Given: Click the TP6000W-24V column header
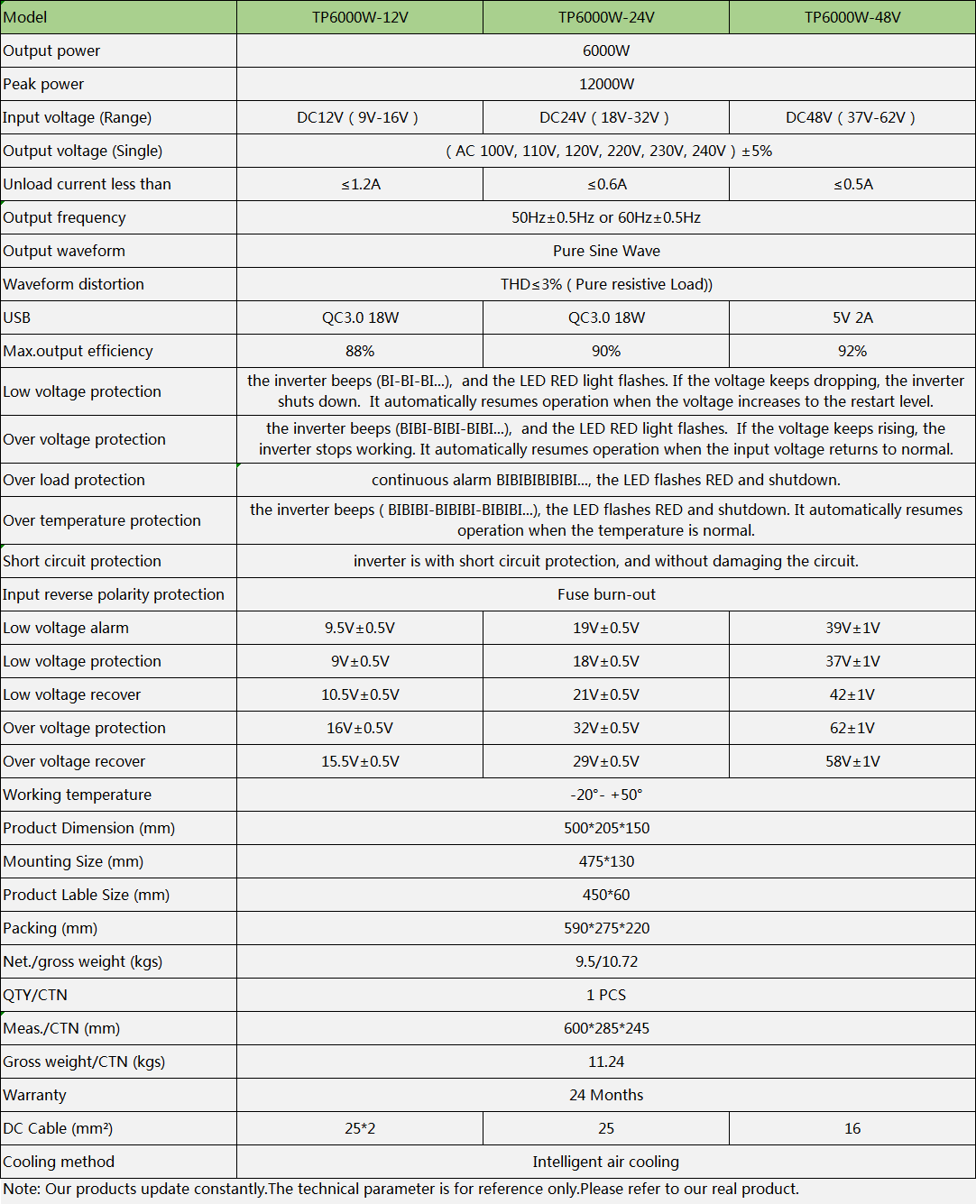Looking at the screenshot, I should [x=606, y=17].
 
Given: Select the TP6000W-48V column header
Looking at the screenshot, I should [x=852, y=17].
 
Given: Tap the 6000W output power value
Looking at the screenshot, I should [x=606, y=51].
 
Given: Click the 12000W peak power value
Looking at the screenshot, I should [x=606, y=84].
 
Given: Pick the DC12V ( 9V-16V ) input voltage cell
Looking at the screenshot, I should [x=358, y=117].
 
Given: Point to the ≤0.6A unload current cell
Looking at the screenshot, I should [x=606, y=184].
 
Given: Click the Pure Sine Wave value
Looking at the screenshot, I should [x=606, y=251].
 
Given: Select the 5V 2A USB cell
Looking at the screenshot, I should [x=852, y=317].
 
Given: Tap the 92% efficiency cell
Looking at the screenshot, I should [x=852, y=351].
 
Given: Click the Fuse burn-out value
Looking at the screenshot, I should [x=606, y=594].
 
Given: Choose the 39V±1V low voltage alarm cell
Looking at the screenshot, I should [x=852, y=628].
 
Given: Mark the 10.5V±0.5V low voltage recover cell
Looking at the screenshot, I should [x=360, y=694].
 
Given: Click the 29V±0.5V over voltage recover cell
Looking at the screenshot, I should [x=606, y=761].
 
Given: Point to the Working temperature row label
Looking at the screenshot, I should [x=78, y=795].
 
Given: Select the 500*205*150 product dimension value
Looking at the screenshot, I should [x=606, y=828].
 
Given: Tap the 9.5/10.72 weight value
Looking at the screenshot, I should [x=606, y=961].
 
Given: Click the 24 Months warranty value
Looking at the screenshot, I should [x=606, y=1095].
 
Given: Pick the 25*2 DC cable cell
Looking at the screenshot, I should [x=360, y=1128].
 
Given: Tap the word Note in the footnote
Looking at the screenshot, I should [x=20, y=1189].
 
